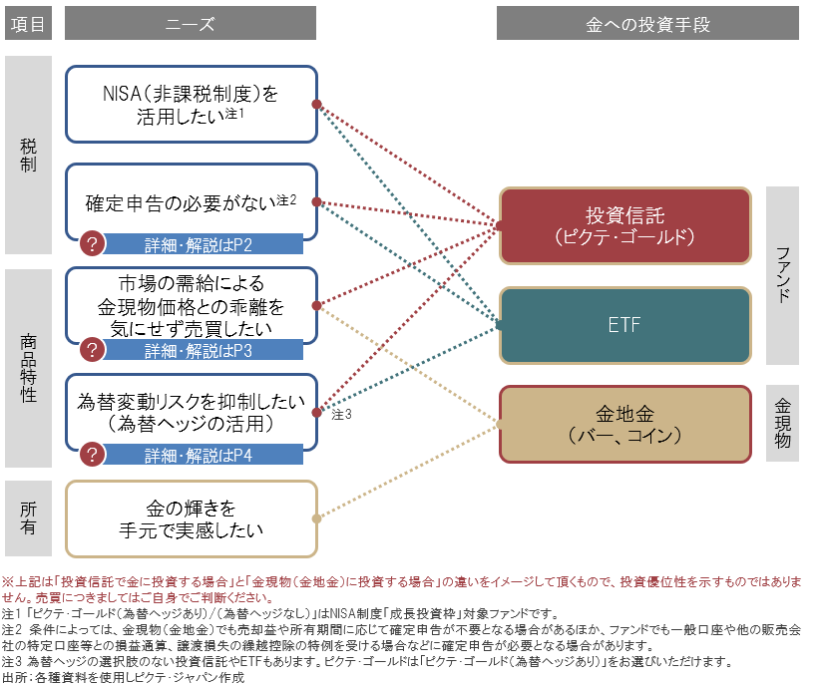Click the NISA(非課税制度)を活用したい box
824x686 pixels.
[191, 104]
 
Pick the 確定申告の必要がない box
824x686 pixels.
[191, 201]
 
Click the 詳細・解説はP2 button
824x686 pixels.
[205, 243]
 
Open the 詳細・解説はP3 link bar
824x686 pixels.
[205, 350]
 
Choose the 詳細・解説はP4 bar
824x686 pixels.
[205, 456]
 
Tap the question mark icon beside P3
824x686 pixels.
[92, 350]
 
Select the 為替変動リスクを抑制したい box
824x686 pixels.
[191, 410]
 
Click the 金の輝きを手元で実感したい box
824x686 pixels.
[191, 518]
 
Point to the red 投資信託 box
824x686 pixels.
[624, 226]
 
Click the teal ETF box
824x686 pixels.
[624, 325]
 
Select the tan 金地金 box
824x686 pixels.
[624, 424]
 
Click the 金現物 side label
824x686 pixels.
[782, 423]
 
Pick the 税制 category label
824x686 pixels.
[28, 155]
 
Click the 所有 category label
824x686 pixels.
[28, 517]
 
